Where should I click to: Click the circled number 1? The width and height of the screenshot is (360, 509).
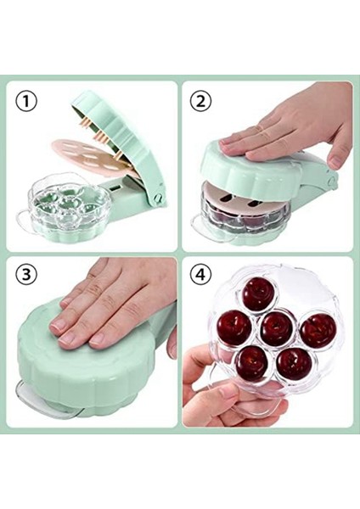coord(28,102)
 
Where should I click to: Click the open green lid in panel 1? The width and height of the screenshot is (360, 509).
coord(127,136)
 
